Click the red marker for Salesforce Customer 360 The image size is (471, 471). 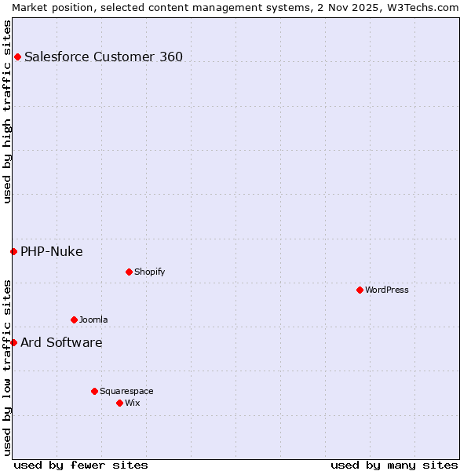17,57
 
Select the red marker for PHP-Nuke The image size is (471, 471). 13,251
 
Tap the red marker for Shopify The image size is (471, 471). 129,272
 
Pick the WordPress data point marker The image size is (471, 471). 360,290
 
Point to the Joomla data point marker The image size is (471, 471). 74,319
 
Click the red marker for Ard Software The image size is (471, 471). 13,342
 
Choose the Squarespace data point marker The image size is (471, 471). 94,391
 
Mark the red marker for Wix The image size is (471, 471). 119,403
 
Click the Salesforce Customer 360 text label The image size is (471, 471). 104,57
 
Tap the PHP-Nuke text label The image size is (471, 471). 52,251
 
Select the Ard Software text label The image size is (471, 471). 61,342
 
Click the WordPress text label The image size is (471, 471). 387,290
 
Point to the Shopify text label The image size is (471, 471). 149,272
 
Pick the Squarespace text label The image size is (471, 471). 126,391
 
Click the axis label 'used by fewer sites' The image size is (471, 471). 81,465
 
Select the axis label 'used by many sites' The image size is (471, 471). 394,465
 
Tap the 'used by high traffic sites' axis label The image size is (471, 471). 7,112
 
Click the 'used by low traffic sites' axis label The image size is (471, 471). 7,367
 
